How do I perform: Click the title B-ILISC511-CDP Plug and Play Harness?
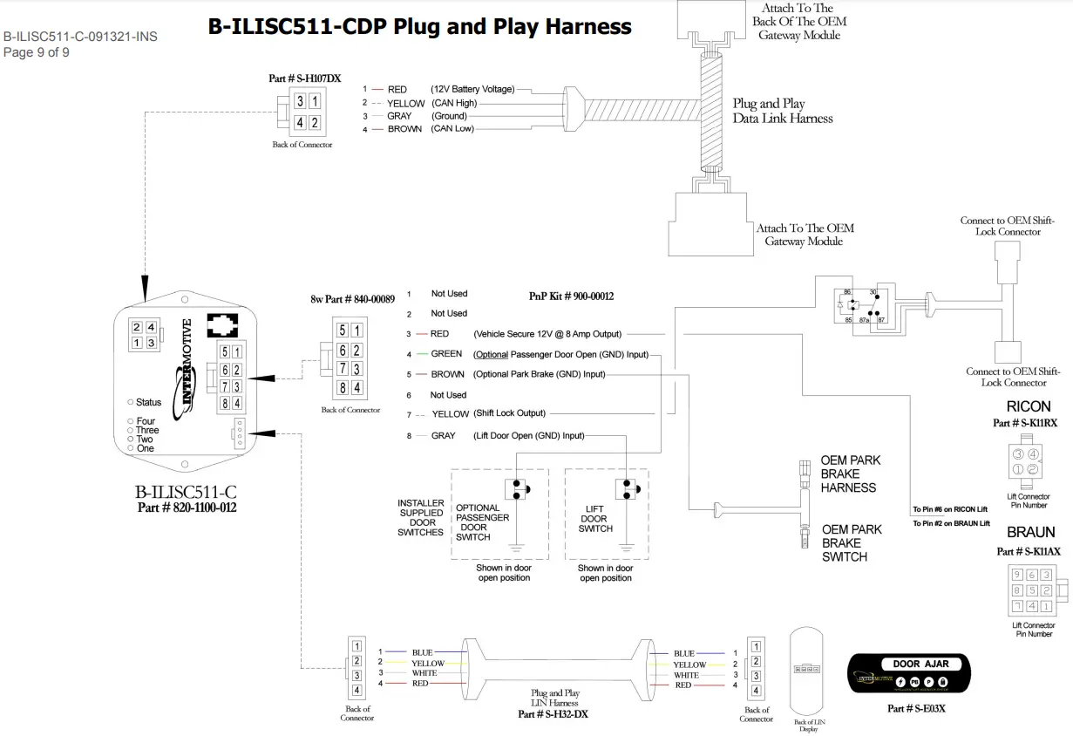(x=419, y=26)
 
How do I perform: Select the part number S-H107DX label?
(x=304, y=78)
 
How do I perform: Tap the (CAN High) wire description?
(x=454, y=103)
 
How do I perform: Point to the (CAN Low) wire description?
(x=453, y=129)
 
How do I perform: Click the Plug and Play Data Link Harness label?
(x=782, y=111)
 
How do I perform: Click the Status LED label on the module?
(x=148, y=402)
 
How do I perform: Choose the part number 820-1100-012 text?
(x=187, y=508)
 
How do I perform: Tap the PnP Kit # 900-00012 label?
(x=571, y=296)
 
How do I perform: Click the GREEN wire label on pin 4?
(x=446, y=354)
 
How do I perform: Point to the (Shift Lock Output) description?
(x=509, y=413)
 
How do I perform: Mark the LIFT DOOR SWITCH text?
(x=595, y=518)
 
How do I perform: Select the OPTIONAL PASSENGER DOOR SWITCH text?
(x=477, y=522)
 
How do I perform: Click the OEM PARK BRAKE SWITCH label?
(x=852, y=542)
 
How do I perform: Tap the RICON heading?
(x=1029, y=407)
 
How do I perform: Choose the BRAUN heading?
(x=1030, y=532)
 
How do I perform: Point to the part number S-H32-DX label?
(x=553, y=714)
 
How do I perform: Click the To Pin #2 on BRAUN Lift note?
(x=951, y=523)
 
